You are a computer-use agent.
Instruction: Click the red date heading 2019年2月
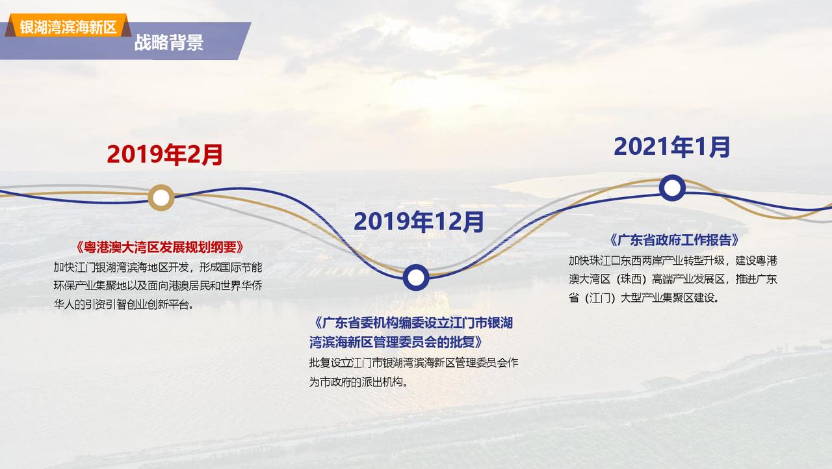[x=164, y=154]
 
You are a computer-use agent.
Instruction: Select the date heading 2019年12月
[x=419, y=222]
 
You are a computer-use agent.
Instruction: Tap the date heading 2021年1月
[x=672, y=147]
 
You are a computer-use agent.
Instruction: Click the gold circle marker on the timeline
[x=161, y=198]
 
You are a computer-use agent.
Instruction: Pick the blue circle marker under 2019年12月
[x=416, y=277]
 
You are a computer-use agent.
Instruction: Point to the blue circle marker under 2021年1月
[x=672, y=188]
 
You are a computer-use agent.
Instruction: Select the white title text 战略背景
[x=168, y=42]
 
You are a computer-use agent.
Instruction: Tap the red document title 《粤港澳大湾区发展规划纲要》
[x=160, y=247]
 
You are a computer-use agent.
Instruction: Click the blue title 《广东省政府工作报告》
[x=674, y=240]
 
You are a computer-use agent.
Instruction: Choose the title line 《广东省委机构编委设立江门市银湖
[x=411, y=323]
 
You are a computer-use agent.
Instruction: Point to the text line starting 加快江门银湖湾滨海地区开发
[x=158, y=267]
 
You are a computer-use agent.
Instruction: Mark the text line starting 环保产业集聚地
[x=158, y=286]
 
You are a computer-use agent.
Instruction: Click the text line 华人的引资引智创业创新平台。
[x=123, y=304]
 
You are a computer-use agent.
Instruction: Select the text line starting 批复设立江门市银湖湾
[x=414, y=363]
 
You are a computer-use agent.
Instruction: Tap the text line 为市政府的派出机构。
[x=358, y=382]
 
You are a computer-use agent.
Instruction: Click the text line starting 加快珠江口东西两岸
[x=673, y=260]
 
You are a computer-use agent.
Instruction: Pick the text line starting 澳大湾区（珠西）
[x=673, y=279]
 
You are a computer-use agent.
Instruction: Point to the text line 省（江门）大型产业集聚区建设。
[x=644, y=298]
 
